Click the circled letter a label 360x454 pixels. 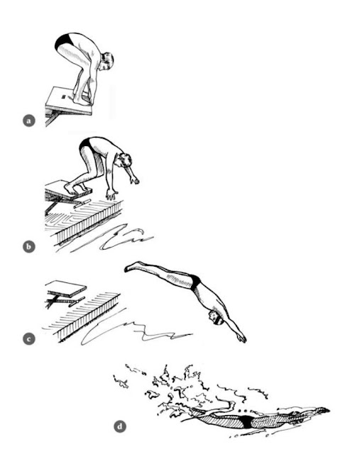click(28, 121)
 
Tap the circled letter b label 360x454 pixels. click(28, 247)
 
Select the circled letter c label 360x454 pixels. click(28, 339)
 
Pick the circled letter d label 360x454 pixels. click(120, 426)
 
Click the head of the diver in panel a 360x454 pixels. click(107, 61)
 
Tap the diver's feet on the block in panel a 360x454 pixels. click(82, 100)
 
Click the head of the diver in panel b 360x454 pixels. click(124, 160)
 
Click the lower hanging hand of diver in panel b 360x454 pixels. click(111, 194)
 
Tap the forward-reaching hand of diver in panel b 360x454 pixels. click(134, 180)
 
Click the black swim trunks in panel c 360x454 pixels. click(195, 282)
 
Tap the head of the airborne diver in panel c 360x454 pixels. click(216, 317)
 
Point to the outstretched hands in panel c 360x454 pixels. click(241, 338)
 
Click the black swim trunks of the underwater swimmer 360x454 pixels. click(246, 421)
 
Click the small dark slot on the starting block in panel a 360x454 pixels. click(64, 94)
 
